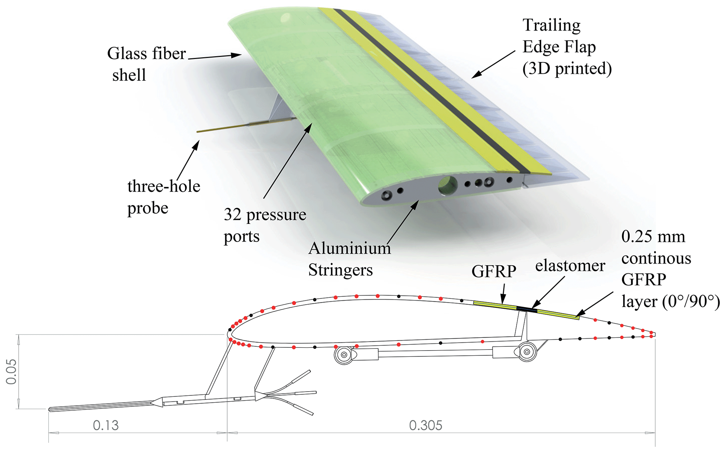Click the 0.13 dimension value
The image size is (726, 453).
pos(106,425)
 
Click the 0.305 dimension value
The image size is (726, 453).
pos(425,425)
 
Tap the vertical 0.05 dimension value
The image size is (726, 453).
pos(11,372)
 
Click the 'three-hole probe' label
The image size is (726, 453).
pos(163,197)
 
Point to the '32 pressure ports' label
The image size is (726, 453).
pos(265,225)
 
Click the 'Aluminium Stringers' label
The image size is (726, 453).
pos(349,259)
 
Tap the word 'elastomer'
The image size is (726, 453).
pos(570,266)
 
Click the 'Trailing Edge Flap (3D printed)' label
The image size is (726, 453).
pos(567,47)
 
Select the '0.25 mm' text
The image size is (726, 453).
pos(653,237)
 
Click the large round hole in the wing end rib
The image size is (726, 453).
pos(448,185)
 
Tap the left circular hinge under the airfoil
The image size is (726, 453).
pos(344,355)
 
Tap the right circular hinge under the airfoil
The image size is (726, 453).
pos(527,351)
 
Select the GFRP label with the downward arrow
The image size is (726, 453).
pos(493,271)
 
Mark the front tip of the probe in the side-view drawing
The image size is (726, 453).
pos(50,409)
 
